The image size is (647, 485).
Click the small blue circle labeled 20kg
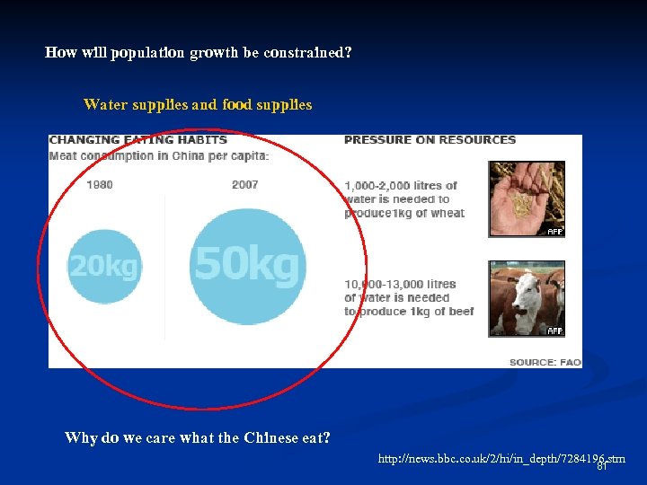tap(104, 267)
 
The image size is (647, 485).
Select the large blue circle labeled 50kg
tap(248, 265)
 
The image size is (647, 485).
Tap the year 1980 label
tap(100, 185)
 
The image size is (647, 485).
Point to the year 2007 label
tap(244, 185)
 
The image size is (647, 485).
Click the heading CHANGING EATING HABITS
tap(137, 140)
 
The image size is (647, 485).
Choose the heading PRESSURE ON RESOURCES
tap(430, 140)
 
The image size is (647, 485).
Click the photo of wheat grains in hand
tap(527, 198)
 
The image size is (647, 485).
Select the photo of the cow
tap(527, 298)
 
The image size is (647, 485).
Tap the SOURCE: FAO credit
tap(545, 362)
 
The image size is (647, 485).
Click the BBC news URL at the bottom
tap(501, 460)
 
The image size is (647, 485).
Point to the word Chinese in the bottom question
tap(272, 438)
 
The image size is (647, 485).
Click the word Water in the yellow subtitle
tap(105, 105)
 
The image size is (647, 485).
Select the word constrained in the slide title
tap(307, 53)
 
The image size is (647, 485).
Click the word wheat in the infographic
tap(447, 213)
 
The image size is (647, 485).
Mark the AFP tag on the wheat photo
tap(555, 232)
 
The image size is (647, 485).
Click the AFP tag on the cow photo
tap(555, 331)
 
